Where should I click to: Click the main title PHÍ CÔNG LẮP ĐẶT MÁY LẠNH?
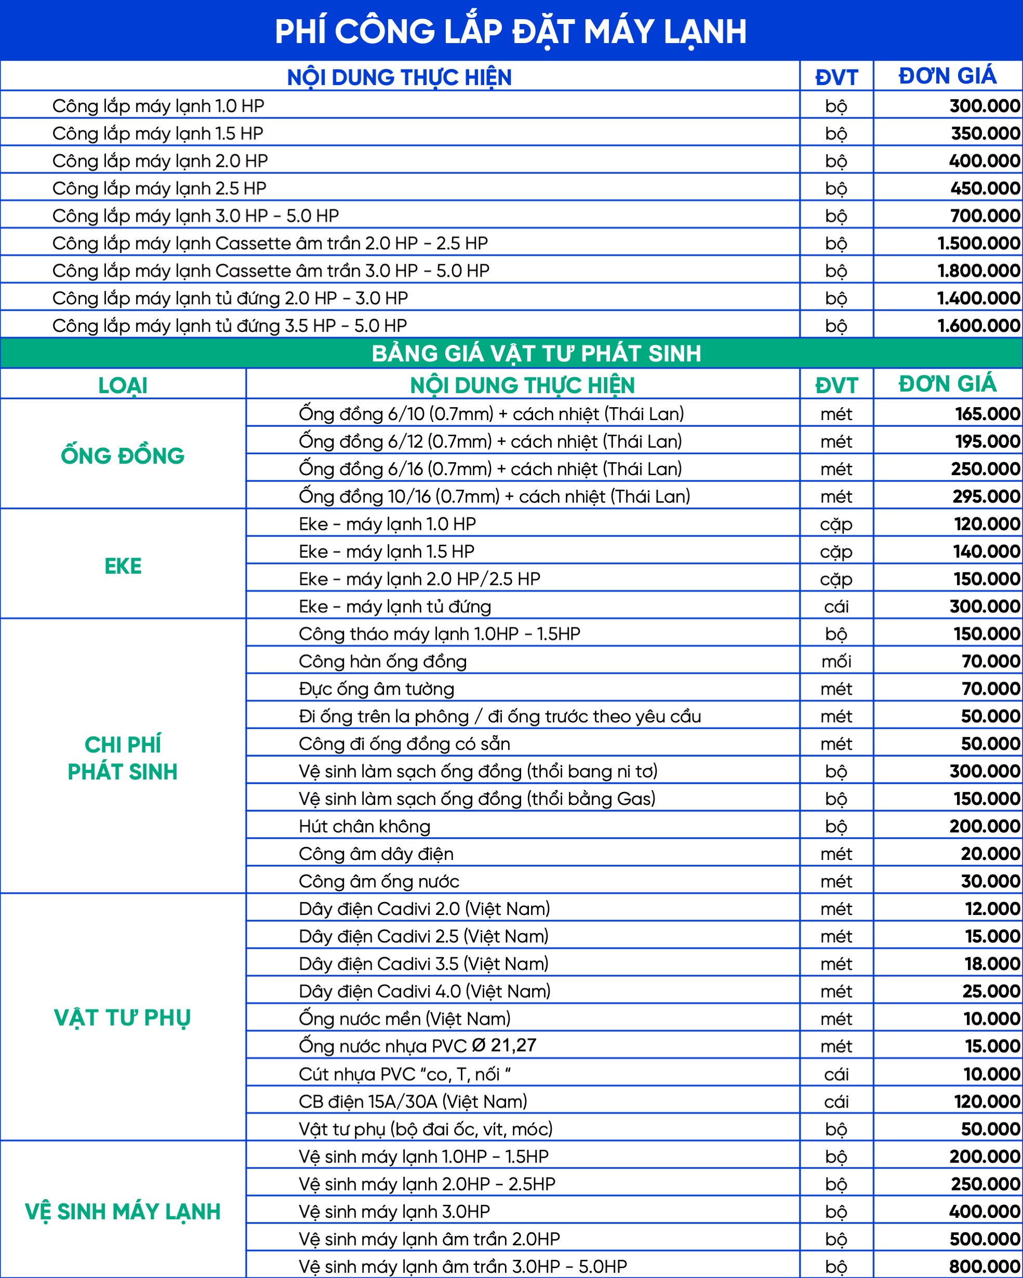pyautogui.click(x=511, y=31)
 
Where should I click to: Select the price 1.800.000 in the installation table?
pyautogui.click(x=978, y=271)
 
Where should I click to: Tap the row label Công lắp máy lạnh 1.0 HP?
pyautogui.click(x=158, y=106)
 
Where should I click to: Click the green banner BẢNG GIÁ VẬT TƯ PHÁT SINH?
pyautogui.click(x=536, y=353)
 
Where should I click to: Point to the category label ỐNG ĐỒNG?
pyautogui.click(x=123, y=456)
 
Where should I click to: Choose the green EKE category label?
pyautogui.click(x=123, y=566)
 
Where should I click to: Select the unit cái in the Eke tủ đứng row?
pyautogui.click(x=836, y=607)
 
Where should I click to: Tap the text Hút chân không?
pyautogui.click(x=364, y=826)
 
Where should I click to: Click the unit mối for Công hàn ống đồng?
pyautogui.click(x=836, y=662)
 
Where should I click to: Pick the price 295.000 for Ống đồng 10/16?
pyautogui.click(x=986, y=496)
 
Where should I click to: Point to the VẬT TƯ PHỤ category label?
pyautogui.click(x=123, y=1018)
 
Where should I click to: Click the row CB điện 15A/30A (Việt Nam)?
pyautogui.click(x=413, y=1101)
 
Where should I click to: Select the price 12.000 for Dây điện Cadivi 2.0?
pyautogui.click(x=992, y=909)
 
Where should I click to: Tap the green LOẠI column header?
pyautogui.click(x=123, y=385)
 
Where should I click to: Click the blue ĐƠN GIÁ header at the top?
pyautogui.click(x=947, y=76)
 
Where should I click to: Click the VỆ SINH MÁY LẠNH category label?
pyautogui.click(x=123, y=1212)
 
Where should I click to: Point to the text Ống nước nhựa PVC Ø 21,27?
pyautogui.click(x=417, y=1046)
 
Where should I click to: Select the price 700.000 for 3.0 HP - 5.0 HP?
pyautogui.click(x=985, y=216)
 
